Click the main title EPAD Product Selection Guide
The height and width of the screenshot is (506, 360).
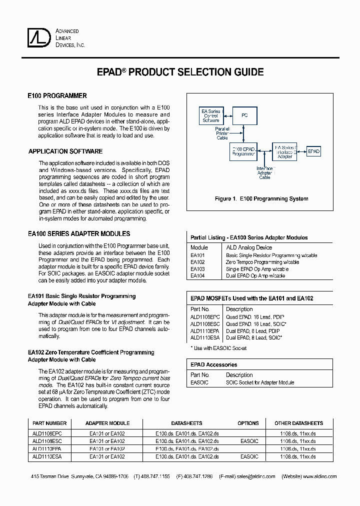coord(179,72)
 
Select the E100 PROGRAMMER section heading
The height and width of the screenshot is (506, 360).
coord(57,96)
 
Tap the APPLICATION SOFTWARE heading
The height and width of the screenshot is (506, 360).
coord(65,151)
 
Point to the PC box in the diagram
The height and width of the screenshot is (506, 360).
coord(244,115)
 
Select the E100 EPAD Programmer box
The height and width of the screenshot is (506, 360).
coord(243,152)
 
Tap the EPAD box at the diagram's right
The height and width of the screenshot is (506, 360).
coord(313,151)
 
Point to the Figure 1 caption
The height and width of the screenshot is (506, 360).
coord(261,198)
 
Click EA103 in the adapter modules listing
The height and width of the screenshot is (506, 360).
coord(198,269)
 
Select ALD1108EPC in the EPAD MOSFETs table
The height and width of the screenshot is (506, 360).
coord(205,317)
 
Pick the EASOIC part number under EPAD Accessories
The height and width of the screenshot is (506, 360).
coord(199,382)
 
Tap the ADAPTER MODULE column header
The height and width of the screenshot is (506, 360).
coord(107,423)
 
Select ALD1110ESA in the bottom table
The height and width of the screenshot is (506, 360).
coord(47,456)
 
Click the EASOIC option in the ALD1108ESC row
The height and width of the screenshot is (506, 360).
coord(249,441)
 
